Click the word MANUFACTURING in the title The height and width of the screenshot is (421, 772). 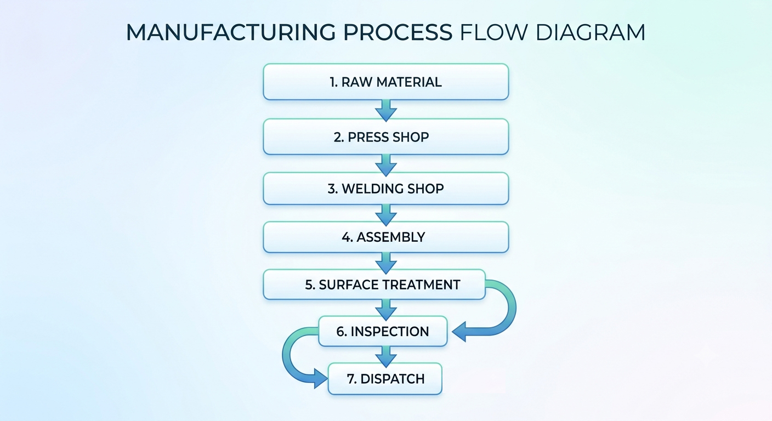(231, 32)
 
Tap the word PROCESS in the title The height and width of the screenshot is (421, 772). (398, 32)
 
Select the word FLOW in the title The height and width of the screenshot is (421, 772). (493, 32)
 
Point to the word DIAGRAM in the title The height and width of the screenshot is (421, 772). (591, 32)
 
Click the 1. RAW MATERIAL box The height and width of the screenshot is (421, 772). (385, 82)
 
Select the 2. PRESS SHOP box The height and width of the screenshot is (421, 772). (385, 137)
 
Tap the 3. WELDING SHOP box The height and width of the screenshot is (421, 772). (385, 189)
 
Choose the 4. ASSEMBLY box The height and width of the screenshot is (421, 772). (385, 237)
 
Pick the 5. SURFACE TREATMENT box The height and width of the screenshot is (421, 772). (374, 285)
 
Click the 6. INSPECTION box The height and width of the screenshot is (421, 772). (383, 331)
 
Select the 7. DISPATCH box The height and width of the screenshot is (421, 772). (385, 379)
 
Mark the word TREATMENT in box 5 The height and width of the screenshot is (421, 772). (421, 285)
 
